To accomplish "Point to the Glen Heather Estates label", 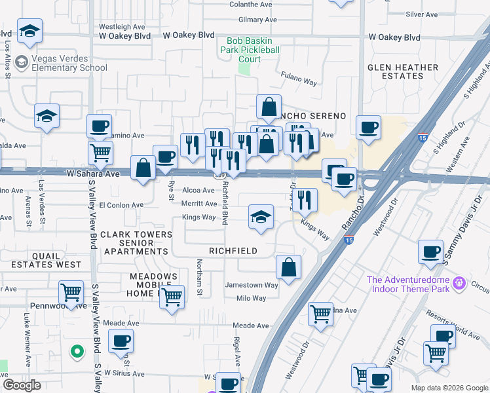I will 403,72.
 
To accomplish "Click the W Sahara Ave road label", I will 93,174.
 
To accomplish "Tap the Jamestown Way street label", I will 252,286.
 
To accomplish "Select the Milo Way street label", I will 251,299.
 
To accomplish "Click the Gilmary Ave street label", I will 255,20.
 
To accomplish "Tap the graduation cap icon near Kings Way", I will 261,217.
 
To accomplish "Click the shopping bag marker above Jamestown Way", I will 288,267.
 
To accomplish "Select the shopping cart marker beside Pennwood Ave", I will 71,292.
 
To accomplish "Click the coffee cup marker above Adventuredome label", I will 430,252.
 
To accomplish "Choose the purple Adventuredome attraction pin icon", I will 459,283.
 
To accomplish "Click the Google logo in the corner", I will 22,385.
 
